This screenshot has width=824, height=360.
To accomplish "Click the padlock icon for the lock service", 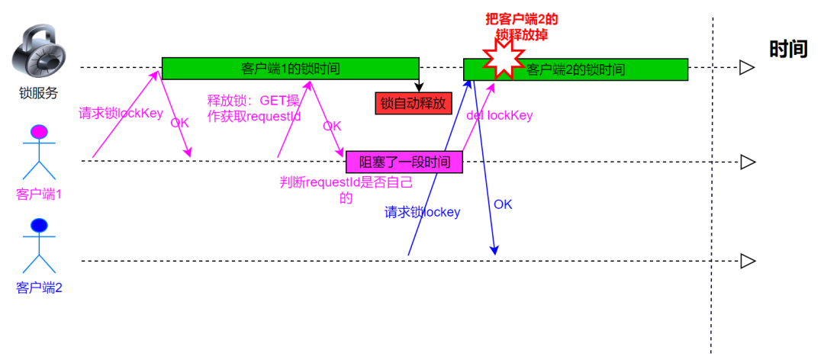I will (39, 52).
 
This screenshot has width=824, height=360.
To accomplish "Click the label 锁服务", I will (39, 93).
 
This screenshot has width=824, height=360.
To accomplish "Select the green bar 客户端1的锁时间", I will (290, 69).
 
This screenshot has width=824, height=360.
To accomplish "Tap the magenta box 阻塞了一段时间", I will (404, 162).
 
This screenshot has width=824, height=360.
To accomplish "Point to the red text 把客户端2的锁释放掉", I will (522, 27).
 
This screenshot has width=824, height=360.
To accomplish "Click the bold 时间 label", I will (788, 50).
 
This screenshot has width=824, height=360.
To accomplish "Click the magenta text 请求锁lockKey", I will (121, 114).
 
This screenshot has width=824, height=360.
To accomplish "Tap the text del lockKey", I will (499, 115).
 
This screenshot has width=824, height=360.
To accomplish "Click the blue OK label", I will (503, 204).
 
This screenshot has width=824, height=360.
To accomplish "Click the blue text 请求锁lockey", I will (422, 212).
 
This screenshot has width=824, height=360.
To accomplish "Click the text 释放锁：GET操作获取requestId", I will (253, 108).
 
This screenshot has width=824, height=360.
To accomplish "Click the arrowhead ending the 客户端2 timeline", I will (748, 261).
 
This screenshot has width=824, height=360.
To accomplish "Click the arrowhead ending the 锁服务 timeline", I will (748, 68).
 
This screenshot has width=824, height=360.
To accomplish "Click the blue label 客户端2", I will (39, 288).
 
